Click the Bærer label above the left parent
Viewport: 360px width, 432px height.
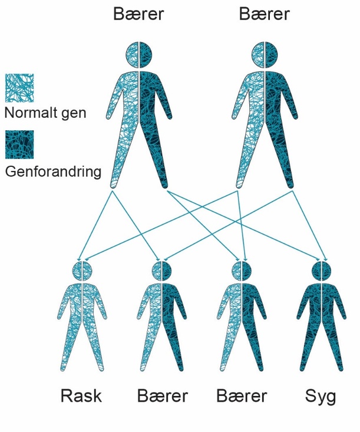coord(138,14)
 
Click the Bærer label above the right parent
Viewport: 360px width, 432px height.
coord(265,14)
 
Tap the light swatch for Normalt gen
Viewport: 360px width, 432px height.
coord(19,88)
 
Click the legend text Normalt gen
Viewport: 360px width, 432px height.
coord(45,112)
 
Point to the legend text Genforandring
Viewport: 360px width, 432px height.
coord(53,172)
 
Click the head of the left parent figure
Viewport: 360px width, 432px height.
coord(139,55)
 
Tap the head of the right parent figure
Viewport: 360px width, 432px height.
coord(265,55)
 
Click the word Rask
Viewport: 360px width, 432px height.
coord(81,395)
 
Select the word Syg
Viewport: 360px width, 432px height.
coord(321,395)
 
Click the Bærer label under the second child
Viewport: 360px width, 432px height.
coord(163,395)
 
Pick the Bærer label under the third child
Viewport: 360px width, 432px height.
coord(242,395)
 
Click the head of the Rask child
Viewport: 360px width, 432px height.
coord(82,271)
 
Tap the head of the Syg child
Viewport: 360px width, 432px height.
coord(323,271)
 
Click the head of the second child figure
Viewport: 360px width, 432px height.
coord(162,271)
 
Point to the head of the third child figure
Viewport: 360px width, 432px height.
coord(242,271)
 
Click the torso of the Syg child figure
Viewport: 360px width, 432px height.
coord(323,309)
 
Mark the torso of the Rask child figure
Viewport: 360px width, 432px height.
coord(82,309)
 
